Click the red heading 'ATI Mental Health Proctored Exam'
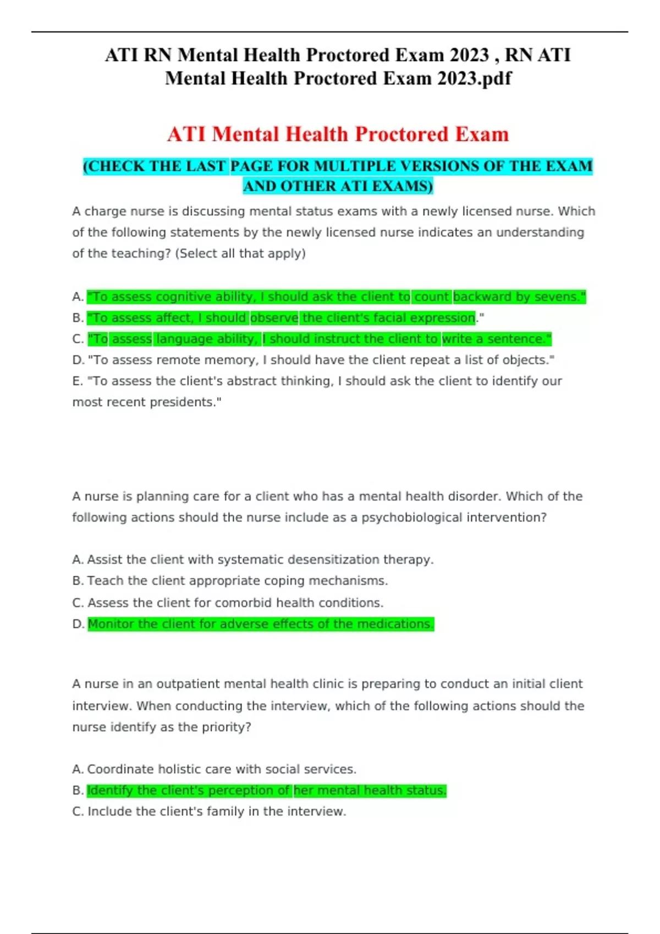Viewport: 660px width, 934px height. (x=338, y=134)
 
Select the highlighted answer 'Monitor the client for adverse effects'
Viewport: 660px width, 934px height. (x=261, y=624)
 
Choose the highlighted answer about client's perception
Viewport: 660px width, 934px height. (x=266, y=791)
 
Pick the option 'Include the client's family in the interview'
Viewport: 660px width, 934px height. (x=217, y=811)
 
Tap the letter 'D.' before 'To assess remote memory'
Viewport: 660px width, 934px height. (x=78, y=360)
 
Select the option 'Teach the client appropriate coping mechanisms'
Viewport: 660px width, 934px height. (x=237, y=581)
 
